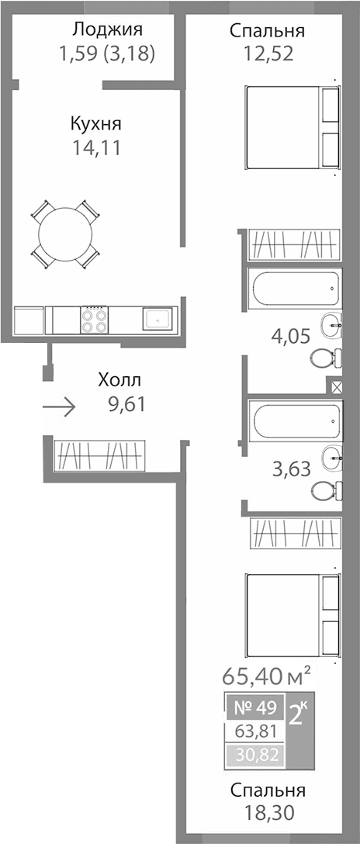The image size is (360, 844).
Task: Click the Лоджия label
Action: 107,30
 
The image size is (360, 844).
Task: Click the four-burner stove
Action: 95,319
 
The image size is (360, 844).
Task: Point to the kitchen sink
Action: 158,319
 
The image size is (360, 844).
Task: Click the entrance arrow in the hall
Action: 59,406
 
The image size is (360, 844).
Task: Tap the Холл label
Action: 120,380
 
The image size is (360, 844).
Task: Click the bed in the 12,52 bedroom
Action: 291,127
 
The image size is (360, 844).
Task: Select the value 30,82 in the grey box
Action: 254,752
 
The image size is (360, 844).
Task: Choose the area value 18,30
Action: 267,813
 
